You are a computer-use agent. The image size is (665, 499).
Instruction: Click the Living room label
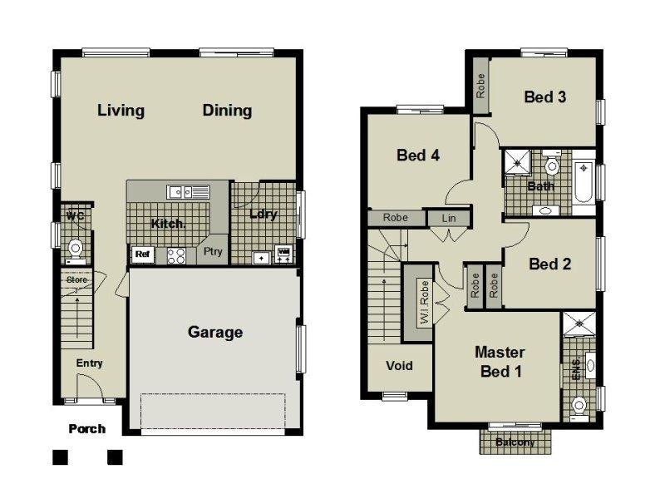point(121,110)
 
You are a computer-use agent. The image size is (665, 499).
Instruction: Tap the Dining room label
point(227,110)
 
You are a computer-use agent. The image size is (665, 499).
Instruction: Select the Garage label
point(215,332)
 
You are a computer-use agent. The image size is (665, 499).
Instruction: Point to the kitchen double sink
point(187,192)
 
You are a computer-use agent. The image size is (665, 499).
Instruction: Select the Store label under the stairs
point(76,280)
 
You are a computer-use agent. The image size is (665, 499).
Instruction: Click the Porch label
point(86,428)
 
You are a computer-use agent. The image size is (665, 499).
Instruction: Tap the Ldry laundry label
point(263,214)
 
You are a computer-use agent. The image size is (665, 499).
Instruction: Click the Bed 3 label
point(545,97)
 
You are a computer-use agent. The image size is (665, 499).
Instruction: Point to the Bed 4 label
point(417,155)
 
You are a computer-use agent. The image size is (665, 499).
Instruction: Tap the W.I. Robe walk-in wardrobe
point(423,303)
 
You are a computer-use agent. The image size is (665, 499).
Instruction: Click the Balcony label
point(515,442)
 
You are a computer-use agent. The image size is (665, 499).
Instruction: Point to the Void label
point(399,366)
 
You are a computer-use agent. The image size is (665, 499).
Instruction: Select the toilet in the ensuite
point(580,406)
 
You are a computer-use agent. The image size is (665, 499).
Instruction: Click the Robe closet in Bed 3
point(480,86)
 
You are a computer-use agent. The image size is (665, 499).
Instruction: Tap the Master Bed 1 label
point(500,362)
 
